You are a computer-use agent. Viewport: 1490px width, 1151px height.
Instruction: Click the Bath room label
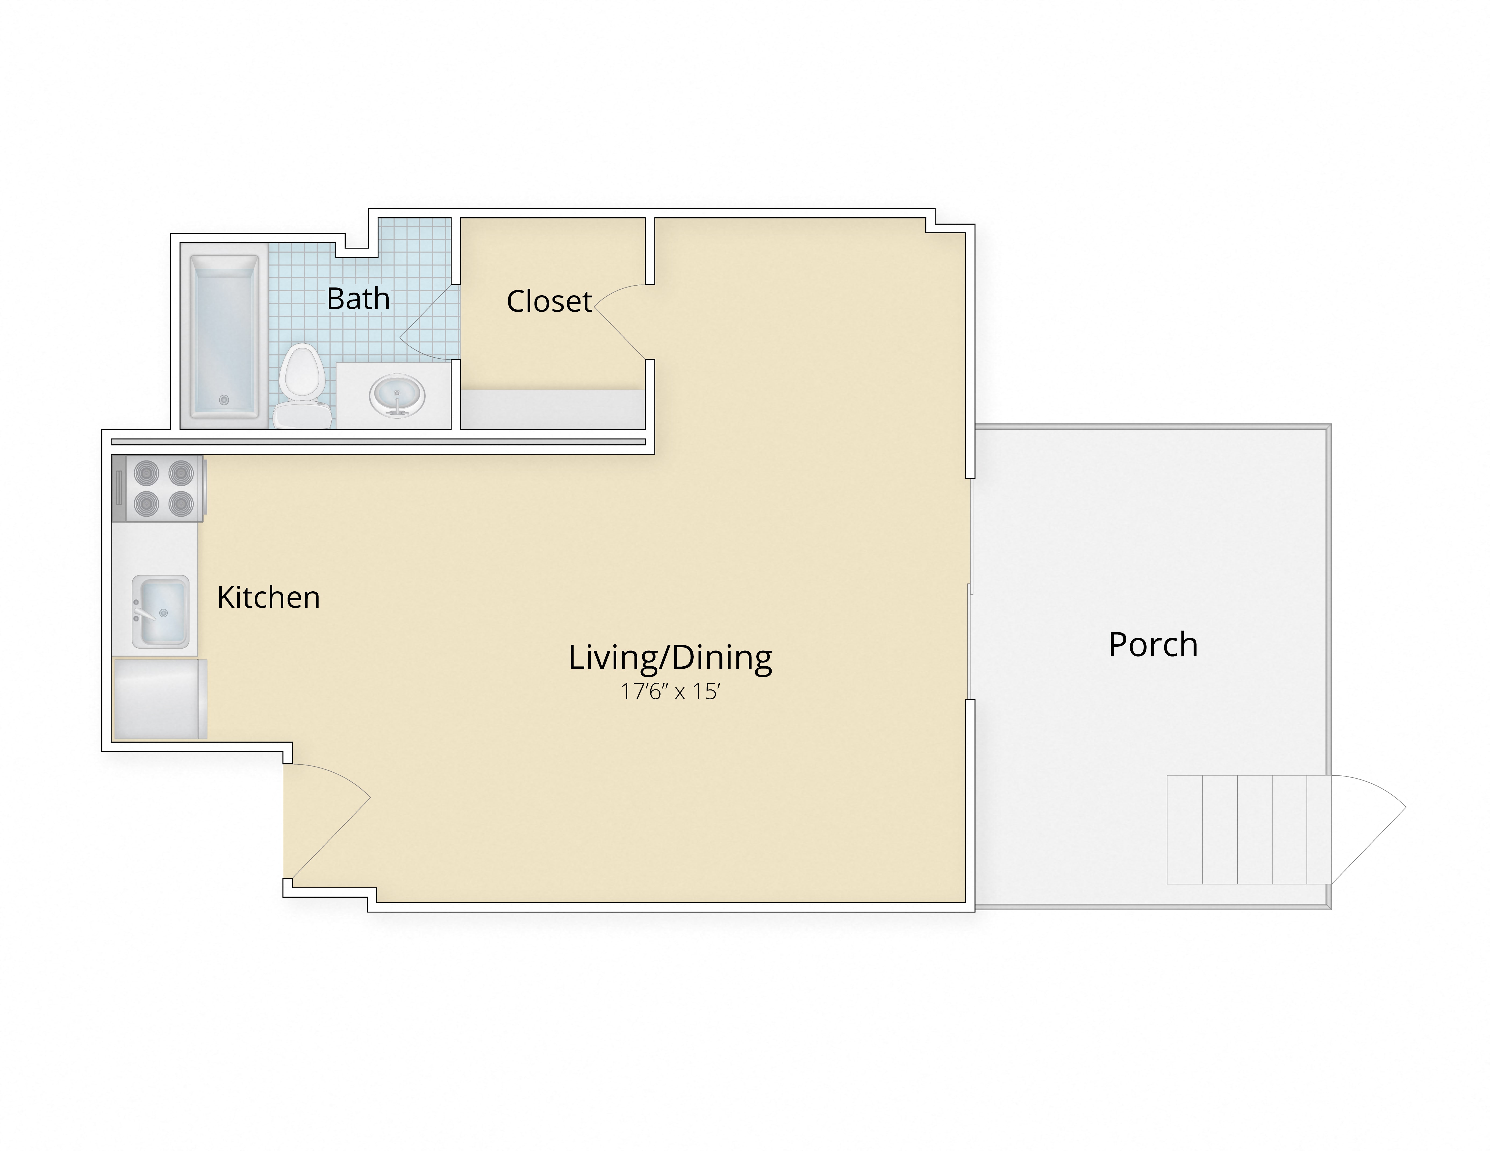pos(358,299)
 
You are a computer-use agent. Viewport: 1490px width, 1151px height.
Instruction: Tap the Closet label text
pos(549,301)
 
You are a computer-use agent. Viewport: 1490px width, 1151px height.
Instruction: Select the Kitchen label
pos(268,597)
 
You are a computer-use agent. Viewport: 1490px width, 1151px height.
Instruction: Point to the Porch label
pos(1153,644)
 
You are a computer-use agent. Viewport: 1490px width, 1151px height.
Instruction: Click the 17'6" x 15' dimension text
pos(670,692)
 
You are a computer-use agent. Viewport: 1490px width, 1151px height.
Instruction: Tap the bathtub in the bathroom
pos(224,336)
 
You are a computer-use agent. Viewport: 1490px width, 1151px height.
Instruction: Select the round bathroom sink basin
pos(397,395)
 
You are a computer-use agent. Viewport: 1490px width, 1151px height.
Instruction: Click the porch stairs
pos(1248,829)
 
